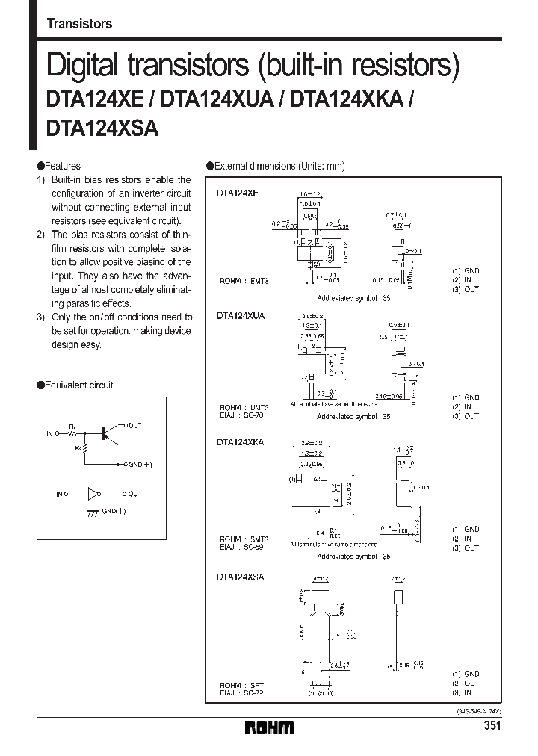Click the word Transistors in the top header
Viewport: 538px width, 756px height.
[79, 24]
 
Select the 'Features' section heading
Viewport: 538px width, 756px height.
[62, 166]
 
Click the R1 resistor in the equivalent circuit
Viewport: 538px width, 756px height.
[72, 432]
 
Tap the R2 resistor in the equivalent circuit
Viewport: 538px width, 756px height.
[84, 450]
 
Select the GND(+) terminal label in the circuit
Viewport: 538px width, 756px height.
[138, 464]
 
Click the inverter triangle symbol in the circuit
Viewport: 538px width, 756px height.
[92, 494]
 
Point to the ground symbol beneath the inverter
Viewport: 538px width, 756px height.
[92, 512]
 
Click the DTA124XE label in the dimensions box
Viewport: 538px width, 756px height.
[238, 193]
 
